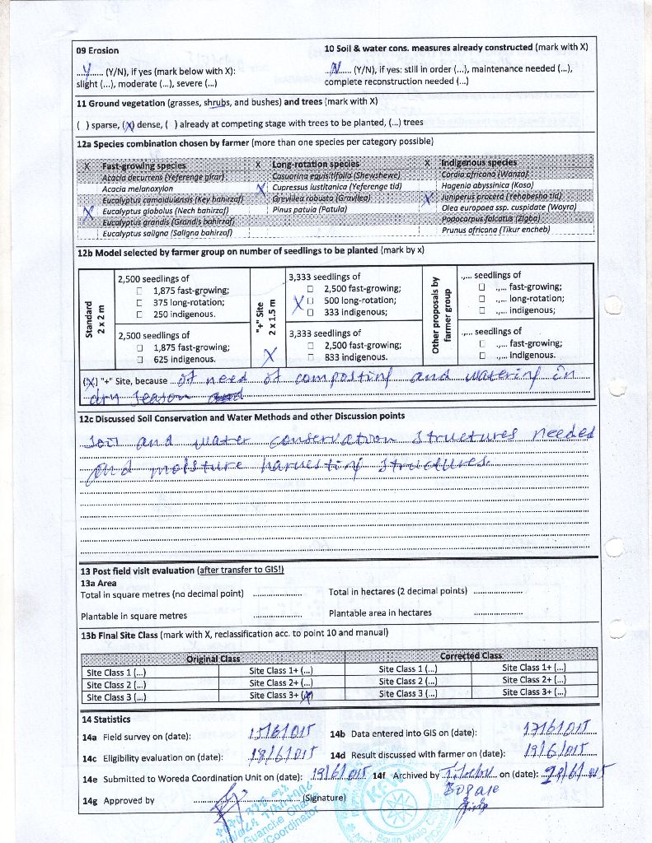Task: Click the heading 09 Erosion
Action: point(97,51)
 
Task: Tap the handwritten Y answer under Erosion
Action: point(97,70)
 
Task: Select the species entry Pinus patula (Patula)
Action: point(309,209)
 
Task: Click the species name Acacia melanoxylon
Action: point(137,189)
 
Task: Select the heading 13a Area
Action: point(98,583)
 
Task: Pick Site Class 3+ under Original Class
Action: point(281,696)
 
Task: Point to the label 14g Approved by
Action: point(119,801)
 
